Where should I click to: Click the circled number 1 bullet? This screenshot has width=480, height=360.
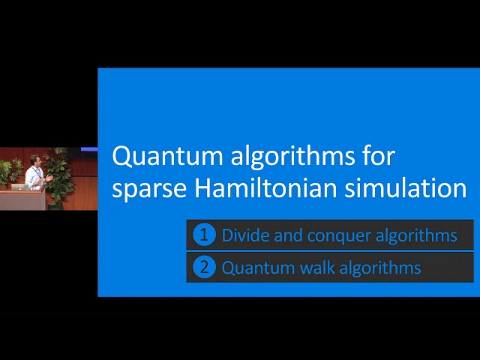pyautogui.click(x=203, y=235)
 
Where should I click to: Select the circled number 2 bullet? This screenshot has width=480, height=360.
pyautogui.click(x=203, y=267)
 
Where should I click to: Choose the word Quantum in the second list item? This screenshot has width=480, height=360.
pyautogui.click(x=253, y=268)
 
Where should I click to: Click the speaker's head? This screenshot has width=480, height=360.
pyautogui.click(x=35, y=161)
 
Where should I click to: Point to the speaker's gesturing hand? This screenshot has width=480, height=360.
pyautogui.click(x=48, y=178)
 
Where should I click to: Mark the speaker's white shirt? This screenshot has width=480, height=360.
pyautogui.click(x=34, y=176)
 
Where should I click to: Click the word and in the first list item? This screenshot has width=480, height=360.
pyautogui.click(x=289, y=235)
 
